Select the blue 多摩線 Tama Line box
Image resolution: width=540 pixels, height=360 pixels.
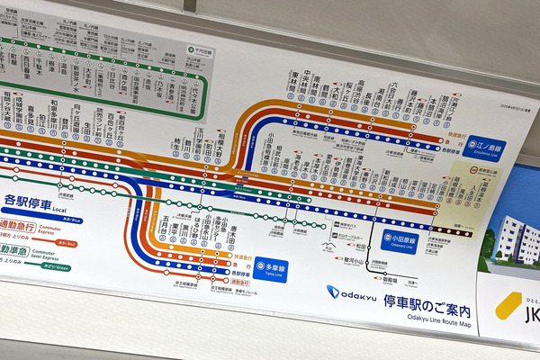point(266,268)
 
